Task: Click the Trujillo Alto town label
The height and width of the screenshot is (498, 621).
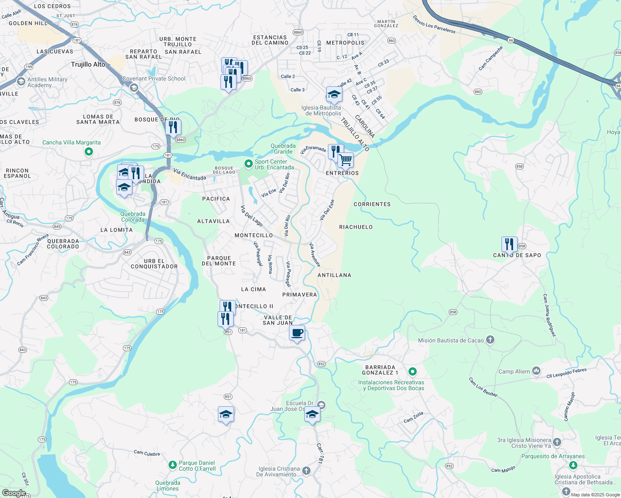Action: (88, 64)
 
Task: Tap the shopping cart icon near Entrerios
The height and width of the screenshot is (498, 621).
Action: (345, 160)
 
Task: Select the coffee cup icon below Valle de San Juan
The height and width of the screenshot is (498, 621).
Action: (297, 333)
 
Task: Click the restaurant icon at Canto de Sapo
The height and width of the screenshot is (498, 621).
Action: (509, 244)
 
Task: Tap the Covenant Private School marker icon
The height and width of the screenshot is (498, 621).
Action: (134, 88)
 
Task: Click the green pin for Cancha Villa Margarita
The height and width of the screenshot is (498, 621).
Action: (88, 152)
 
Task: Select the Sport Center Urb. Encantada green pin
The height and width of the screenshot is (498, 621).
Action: (249, 164)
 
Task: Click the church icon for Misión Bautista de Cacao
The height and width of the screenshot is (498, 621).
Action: (490, 340)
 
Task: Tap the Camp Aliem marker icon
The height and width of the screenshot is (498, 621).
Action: (536, 371)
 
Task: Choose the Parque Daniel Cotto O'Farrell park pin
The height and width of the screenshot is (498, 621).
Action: (173, 465)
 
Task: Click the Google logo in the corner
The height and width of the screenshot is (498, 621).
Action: (14, 493)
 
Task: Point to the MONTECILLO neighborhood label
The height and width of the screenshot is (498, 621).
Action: (254, 235)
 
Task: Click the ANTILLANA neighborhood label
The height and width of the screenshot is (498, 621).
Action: (334, 275)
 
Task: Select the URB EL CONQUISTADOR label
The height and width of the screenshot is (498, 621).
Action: (154, 264)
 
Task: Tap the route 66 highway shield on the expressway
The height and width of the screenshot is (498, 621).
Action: (511, 40)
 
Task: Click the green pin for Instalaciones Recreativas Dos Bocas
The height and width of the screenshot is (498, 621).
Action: (412, 371)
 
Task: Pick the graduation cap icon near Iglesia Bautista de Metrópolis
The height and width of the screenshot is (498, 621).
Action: (334, 95)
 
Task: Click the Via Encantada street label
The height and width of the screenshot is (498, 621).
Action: (190, 175)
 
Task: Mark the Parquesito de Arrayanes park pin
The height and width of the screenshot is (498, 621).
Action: (573, 465)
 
